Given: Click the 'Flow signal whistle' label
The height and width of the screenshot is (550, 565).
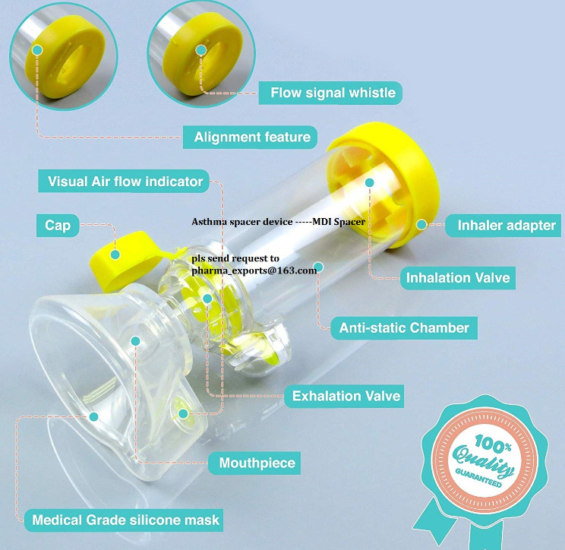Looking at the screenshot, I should (333, 93).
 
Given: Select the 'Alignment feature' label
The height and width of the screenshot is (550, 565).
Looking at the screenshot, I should (252, 137).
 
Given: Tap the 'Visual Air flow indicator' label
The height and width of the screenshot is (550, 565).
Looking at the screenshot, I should (125, 182).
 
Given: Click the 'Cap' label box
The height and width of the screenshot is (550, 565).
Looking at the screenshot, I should (58, 226).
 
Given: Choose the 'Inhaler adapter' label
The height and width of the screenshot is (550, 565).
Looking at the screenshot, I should (506, 226).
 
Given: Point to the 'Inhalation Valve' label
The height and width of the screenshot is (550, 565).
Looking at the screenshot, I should (458, 277).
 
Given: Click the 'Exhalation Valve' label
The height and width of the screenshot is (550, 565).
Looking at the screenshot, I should (346, 396).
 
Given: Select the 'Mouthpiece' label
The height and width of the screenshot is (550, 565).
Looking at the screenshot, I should (257, 463).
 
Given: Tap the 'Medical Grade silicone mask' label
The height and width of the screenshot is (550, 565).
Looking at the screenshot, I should (126, 520).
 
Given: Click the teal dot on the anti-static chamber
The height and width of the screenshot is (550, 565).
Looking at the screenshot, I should (320, 267).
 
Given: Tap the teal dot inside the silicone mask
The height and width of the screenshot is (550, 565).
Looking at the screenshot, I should (93, 416).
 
